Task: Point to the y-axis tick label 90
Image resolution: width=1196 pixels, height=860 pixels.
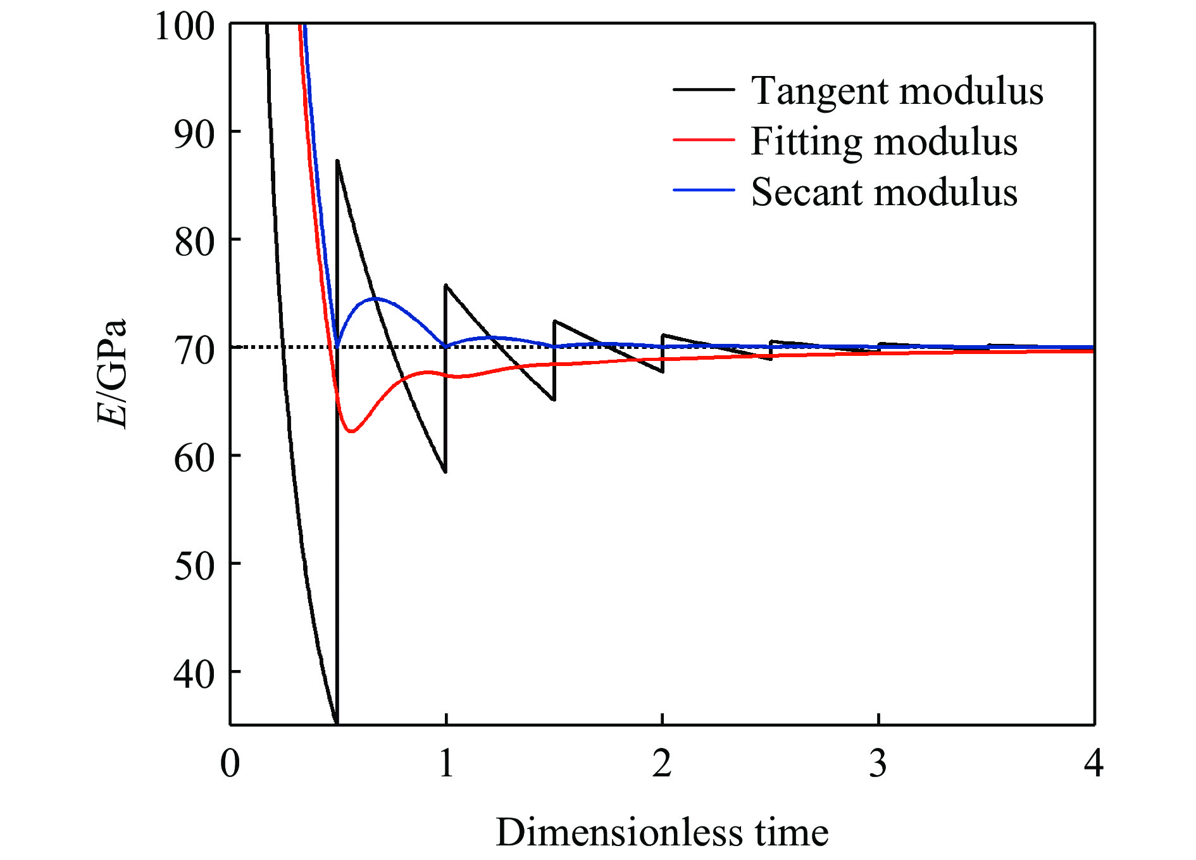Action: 194,134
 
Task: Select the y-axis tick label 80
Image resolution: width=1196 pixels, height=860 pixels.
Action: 194,242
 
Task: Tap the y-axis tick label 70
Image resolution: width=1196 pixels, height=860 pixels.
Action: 194,350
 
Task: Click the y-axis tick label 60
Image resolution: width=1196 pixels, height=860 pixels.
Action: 194,458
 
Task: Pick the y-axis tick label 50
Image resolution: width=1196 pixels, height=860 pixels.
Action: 194,566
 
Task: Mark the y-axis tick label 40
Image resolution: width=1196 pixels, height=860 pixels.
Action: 194,674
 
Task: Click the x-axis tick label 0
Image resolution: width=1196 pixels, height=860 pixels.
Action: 230,763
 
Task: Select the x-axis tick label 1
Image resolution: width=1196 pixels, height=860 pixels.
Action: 446,763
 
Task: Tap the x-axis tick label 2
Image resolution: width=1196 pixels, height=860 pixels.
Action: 662,763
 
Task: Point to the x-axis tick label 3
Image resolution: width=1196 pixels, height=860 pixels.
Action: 878,763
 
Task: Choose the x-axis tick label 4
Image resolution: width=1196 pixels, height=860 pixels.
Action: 1093,763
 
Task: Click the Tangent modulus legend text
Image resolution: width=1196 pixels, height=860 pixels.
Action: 897,91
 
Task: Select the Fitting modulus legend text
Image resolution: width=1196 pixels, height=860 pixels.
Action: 884,142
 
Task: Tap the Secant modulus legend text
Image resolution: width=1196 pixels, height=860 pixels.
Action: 884,192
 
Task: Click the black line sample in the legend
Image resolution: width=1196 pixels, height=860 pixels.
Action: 704,90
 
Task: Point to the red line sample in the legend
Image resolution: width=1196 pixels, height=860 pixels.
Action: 704,140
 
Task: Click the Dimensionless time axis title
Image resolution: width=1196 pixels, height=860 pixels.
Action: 662,832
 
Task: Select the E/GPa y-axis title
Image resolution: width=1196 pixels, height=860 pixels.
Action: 113,374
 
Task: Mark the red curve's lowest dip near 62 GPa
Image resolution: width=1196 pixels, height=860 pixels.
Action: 352,431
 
